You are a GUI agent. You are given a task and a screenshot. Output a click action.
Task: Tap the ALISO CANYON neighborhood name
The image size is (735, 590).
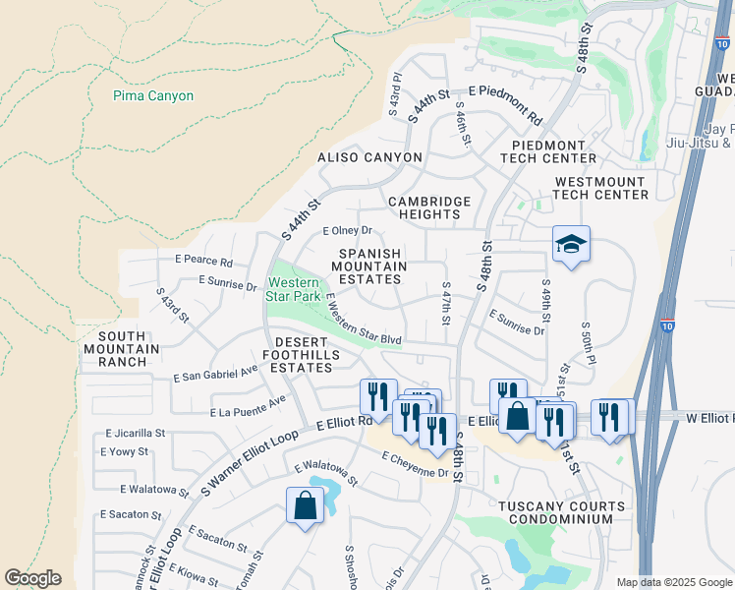tap(369, 157)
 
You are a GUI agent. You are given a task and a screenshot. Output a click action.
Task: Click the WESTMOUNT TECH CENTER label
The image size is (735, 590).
tap(601, 189)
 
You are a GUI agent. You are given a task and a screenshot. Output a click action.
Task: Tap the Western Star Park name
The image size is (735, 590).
tap(295, 289)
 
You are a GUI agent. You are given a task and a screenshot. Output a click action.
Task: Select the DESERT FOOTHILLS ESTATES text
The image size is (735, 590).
tap(302, 361)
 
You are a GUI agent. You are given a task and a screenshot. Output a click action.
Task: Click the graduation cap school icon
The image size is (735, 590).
tap(570, 245)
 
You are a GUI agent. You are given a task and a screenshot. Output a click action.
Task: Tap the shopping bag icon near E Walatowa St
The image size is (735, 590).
tap(306, 506)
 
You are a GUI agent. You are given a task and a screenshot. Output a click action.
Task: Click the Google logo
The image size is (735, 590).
tap(32, 578)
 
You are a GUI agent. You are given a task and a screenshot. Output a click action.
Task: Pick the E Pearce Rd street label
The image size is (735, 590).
tap(203, 263)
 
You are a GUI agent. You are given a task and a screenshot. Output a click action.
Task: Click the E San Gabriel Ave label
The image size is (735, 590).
tap(215, 375)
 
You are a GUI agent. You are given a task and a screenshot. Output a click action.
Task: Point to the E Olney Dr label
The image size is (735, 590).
tap(348, 231)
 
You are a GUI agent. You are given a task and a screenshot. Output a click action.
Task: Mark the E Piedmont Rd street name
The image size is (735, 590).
tap(506, 103)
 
